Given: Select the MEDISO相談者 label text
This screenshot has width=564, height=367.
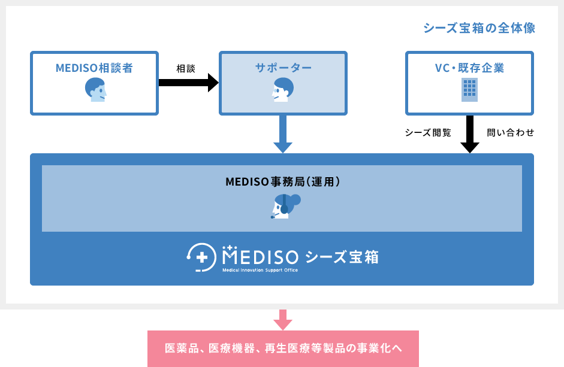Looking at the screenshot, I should pyautogui.click(x=94, y=68).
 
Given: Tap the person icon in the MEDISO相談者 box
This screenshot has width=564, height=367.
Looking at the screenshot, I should pyautogui.click(x=95, y=90).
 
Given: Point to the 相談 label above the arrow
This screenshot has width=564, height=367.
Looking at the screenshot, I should pyautogui.click(x=186, y=68).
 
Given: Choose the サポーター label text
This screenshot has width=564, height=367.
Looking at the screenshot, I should pyautogui.click(x=283, y=68).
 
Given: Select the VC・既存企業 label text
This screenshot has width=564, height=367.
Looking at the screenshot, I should pyautogui.click(x=469, y=68).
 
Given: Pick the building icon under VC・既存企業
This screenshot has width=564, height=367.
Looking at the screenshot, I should pyautogui.click(x=469, y=90).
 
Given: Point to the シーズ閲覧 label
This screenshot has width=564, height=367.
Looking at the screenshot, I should pyautogui.click(x=428, y=132).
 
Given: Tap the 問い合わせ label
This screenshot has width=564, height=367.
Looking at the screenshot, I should pyautogui.click(x=511, y=132).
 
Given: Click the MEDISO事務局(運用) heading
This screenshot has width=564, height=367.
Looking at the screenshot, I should pyautogui.click(x=282, y=181).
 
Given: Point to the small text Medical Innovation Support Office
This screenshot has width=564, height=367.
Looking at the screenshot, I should pyautogui.click(x=260, y=270).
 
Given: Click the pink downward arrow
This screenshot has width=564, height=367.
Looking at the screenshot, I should pyautogui.click(x=282, y=320).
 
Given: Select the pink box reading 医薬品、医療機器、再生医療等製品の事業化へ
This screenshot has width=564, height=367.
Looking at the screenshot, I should pyautogui.click(x=283, y=348).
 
